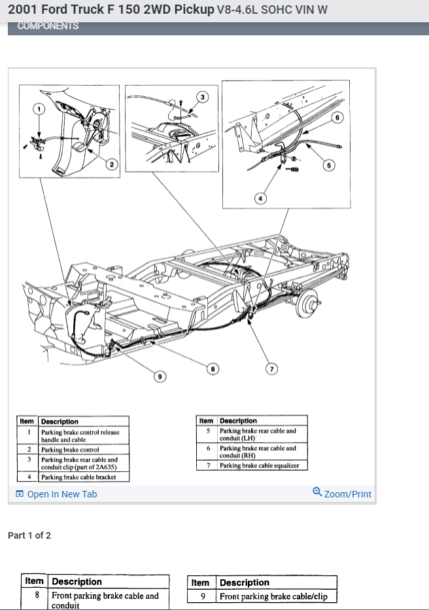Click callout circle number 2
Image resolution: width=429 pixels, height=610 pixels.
tap(112, 164)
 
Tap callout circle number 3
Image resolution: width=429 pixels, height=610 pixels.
tap(202, 97)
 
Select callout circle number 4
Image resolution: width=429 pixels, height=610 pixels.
tap(260, 198)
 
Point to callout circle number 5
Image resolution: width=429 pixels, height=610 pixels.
tap(329, 165)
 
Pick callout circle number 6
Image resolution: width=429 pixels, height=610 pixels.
tap(337, 118)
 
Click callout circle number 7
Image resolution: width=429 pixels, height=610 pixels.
tap(271, 369)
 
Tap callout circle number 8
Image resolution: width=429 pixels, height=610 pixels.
tap(212, 369)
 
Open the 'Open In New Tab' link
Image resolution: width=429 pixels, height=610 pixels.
tap(61, 494)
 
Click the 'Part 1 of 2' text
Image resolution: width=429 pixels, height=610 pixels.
tap(29, 535)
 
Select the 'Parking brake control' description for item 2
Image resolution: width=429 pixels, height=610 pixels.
tap(70, 450)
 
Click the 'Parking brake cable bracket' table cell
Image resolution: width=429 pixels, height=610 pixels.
tap(78, 477)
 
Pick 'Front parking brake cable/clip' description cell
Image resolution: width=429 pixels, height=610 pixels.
tap(273, 596)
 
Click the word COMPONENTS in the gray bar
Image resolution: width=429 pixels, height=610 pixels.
tap(48, 26)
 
